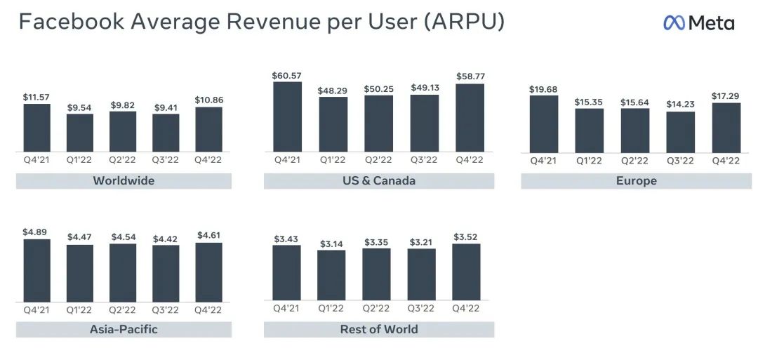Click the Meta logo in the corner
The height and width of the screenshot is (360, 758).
pyautogui.click(x=698, y=23)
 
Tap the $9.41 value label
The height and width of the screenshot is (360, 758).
pyautogui.click(x=166, y=108)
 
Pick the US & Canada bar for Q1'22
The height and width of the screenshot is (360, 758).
pyautogui.click(x=333, y=124)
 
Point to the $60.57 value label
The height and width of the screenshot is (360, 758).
pyautogui.click(x=287, y=76)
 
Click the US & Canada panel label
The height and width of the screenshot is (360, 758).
pyautogui.click(x=379, y=181)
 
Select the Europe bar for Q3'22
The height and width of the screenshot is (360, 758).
pyautogui.click(x=680, y=132)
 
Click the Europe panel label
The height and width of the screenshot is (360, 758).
pyautogui.click(x=637, y=181)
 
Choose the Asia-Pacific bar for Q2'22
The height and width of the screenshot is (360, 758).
pyautogui.click(x=123, y=272)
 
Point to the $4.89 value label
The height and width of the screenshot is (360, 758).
pyautogui.click(x=36, y=232)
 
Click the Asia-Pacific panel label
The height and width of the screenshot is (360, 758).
pyautogui.click(x=124, y=329)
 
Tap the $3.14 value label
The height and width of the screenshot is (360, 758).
pyautogui.click(x=331, y=244)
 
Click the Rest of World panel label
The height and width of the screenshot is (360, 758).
pyautogui.click(x=379, y=329)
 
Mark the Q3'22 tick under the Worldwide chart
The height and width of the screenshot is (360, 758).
pyautogui.click(x=166, y=160)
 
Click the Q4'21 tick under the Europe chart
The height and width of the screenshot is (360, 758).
pyautogui.click(x=544, y=161)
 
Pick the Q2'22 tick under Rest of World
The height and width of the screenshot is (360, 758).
pyautogui.click(x=376, y=309)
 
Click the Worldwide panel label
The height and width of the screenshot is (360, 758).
pyautogui.click(x=124, y=181)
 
